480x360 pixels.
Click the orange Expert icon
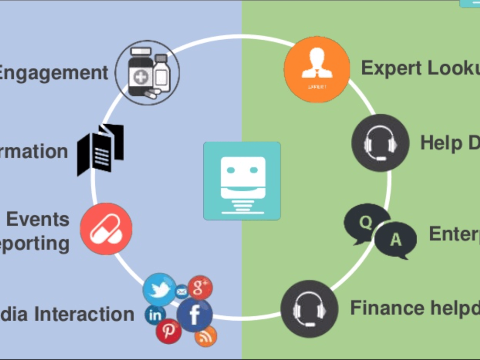[x=317, y=69]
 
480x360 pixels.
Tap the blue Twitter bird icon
[x=159, y=289]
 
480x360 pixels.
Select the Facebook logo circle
[x=194, y=314]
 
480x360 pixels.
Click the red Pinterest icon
[x=168, y=331]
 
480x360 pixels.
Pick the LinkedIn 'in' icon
[x=155, y=315]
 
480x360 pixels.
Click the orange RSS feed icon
[x=206, y=336]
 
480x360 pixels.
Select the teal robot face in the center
[x=242, y=180]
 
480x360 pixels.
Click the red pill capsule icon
[x=106, y=228]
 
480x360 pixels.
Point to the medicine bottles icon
[x=147, y=72]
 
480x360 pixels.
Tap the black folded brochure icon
[x=100, y=150]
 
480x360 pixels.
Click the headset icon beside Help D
[x=380, y=143]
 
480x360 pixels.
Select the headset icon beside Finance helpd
[x=309, y=309]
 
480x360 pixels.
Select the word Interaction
[x=84, y=314]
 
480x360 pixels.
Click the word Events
[x=38, y=219]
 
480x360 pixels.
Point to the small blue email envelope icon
[x=181, y=292]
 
